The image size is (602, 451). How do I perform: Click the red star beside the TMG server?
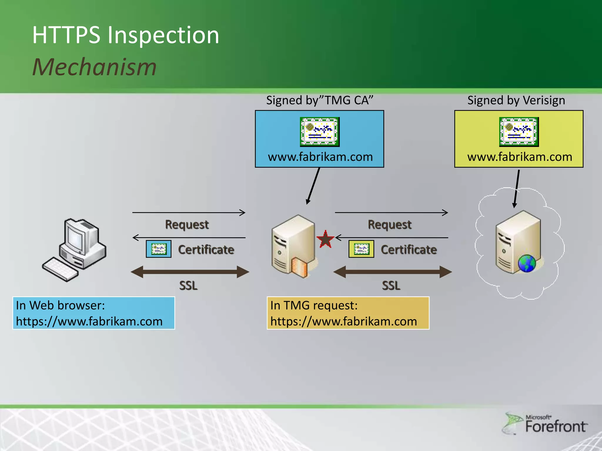coord(325,239)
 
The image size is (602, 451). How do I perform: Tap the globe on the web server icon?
coord(527,263)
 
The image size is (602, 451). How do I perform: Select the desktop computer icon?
coord(75,250)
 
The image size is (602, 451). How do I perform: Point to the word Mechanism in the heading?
coord(94,67)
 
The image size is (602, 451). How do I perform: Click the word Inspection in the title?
coord(163,35)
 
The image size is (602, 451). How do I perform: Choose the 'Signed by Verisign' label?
coord(516,100)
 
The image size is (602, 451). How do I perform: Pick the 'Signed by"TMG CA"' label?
coord(320,100)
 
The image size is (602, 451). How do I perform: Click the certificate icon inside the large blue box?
coord(320,132)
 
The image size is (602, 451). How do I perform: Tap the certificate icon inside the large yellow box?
coord(519,132)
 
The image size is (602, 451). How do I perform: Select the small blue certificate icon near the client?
coord(158,249)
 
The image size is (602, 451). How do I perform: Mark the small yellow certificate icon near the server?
coord(361,249)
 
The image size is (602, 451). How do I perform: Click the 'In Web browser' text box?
coord(93,313)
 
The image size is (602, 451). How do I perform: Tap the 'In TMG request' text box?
coord(348,313)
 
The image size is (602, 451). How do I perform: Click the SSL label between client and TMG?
coord(188,286)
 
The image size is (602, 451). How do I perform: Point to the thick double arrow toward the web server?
coord(392,272)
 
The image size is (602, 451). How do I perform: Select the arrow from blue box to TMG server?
coord(313,186)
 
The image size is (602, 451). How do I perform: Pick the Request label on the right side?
coord(389,225)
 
